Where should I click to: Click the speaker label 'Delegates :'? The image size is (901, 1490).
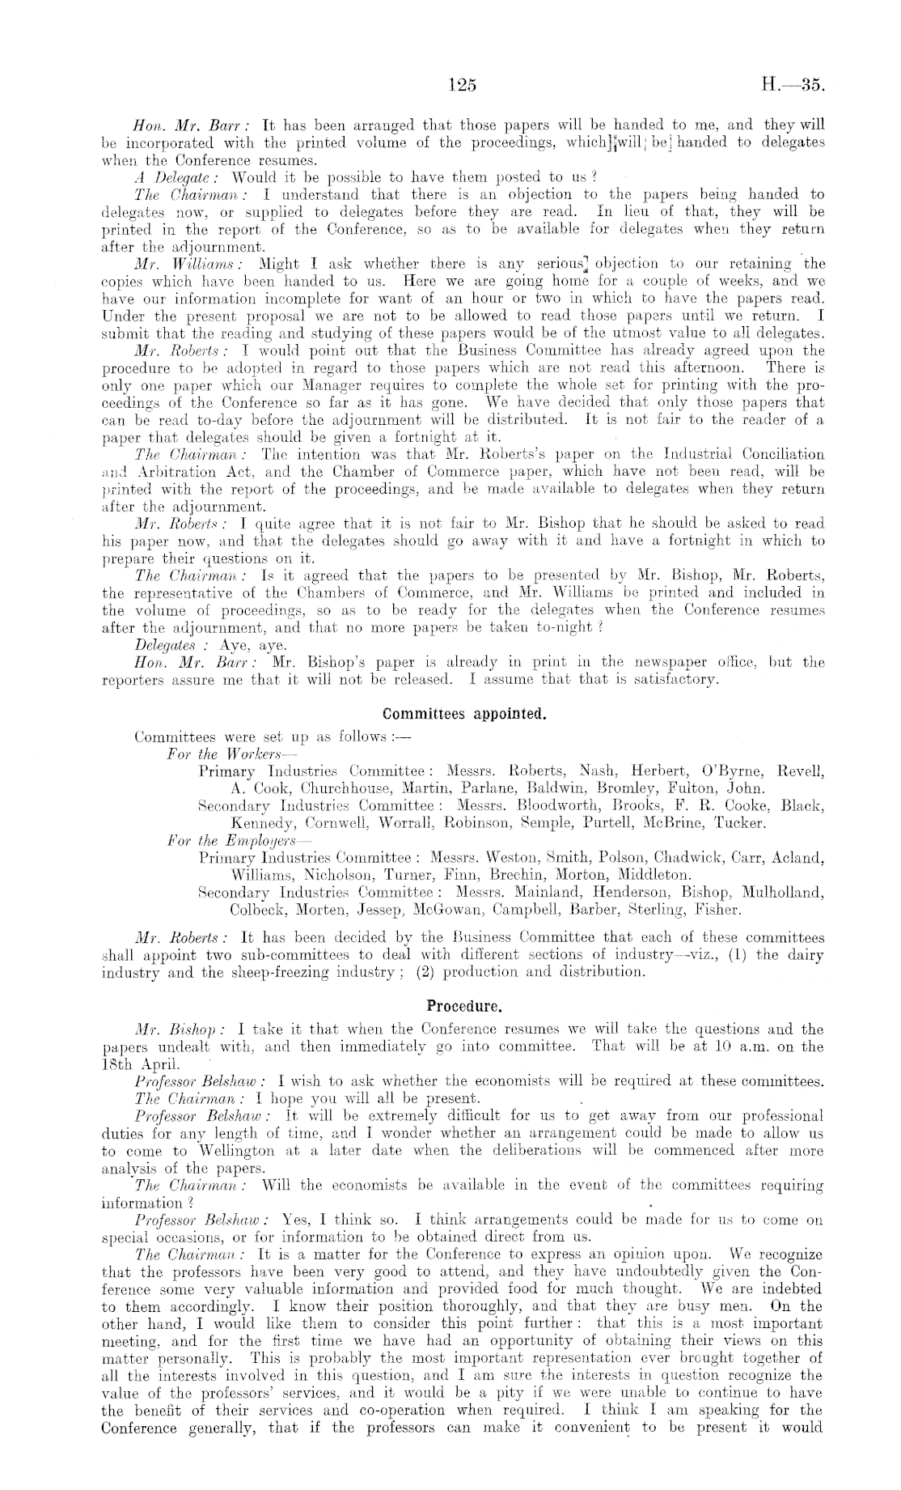[x=164, y=645]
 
